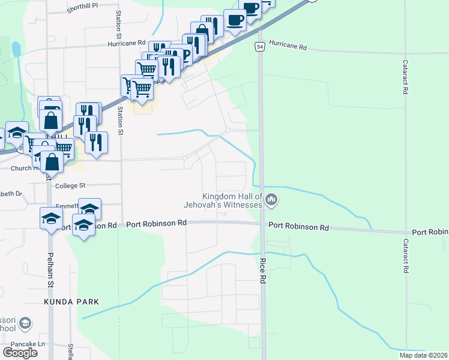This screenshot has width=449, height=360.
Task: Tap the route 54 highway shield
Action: click(x=260, y=46)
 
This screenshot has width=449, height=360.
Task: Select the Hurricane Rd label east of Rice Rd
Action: click(x=288, y=46)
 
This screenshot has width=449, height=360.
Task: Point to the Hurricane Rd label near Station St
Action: click(x=127, y=43)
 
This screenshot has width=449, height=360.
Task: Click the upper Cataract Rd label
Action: click(x=405, y=76)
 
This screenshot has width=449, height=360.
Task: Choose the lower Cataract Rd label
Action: click(x=405, y=256)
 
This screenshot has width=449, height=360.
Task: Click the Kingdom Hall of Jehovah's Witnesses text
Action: click(x=233, y=200)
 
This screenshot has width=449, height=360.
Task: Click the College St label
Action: click(x=71, y=186)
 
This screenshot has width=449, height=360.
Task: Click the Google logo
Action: click(x=20, y=353)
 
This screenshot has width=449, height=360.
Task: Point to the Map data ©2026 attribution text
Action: click(x=423, y=355)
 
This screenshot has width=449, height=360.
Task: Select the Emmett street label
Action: click(x=65, y=205)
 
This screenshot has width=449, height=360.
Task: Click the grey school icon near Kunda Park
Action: click(x=25, y=325)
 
